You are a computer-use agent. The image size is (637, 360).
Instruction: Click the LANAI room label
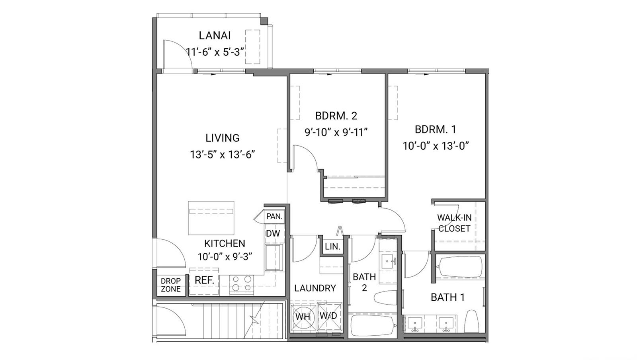[215, 35]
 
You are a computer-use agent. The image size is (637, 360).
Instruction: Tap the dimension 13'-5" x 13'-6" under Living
[223, 155]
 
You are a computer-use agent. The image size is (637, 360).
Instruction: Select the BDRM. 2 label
[336, 116]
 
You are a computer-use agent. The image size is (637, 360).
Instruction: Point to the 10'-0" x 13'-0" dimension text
[436, 146]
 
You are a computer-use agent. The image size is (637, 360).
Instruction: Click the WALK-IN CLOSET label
[454, 223]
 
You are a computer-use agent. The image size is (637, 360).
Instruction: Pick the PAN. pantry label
[274, 216]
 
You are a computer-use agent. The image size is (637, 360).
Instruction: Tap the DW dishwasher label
[273, 233]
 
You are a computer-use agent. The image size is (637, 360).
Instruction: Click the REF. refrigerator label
[204, 280]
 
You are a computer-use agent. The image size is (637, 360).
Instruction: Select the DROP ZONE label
[171, 285]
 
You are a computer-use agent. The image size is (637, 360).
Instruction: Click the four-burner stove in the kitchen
[242, 284]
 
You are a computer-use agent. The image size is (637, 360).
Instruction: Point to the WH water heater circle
[303, 317]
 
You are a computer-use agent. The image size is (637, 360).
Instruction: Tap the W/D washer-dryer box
[329, 317]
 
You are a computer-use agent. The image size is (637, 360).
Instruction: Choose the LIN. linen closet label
[332, 247]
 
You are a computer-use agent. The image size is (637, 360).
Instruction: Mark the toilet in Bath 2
[385, 297]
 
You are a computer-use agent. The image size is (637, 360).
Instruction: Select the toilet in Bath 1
[471, 321]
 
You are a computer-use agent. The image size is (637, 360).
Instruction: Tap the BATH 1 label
[447, 297]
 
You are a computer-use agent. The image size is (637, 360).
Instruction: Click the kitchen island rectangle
[211, 218]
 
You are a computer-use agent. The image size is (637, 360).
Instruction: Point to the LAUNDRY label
[315, 288]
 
